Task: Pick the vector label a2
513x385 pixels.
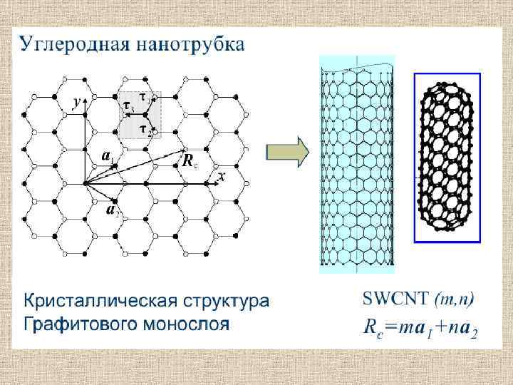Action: (x=112, y=210)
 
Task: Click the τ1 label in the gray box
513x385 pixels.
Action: (x=144, y=97)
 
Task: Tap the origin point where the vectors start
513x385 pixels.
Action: (x=85, y=183)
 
